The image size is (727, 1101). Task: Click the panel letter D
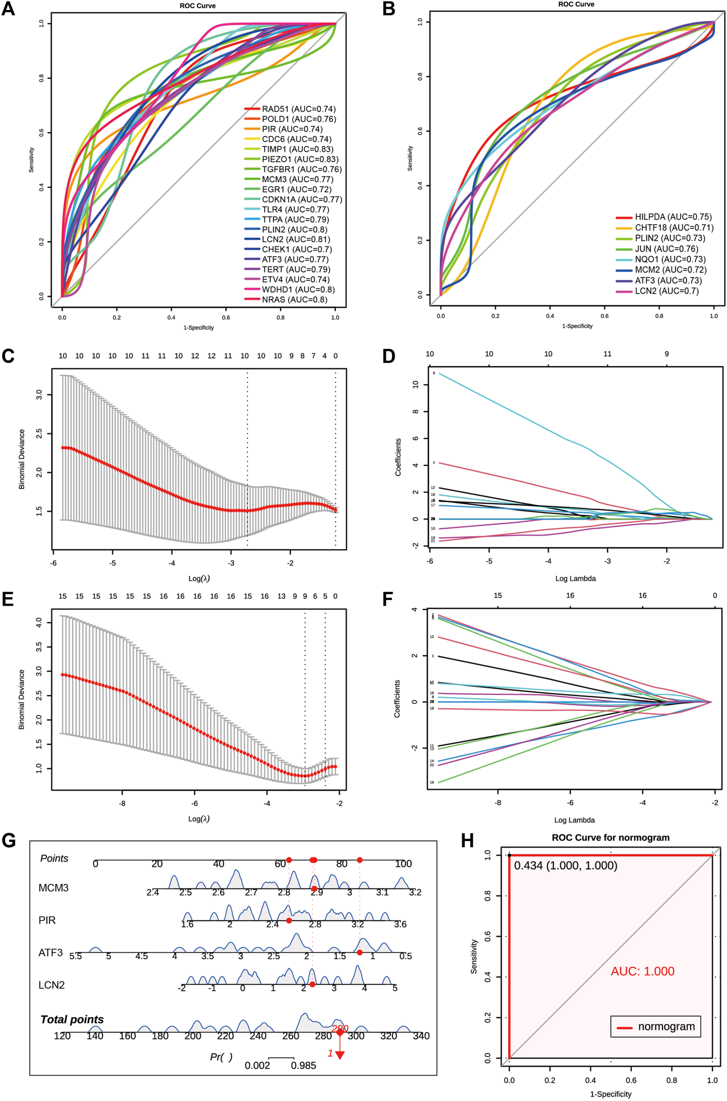coord(389,356)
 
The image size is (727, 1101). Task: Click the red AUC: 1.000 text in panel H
coord(642,971)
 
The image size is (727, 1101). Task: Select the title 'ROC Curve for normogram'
coord(610,838)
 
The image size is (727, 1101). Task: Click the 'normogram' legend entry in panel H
coord(666,1027)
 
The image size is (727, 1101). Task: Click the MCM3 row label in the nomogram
coord(53,888)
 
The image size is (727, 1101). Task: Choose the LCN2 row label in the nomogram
coord(51,985)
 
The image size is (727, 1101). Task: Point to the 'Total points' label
coord(72,1020)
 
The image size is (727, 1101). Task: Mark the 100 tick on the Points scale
coord(403,864)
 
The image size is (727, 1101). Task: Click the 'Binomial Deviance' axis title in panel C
coord(22,459)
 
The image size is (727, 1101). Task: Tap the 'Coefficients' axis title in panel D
coord(398,457)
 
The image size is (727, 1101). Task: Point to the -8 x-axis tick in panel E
coord(122,804)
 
